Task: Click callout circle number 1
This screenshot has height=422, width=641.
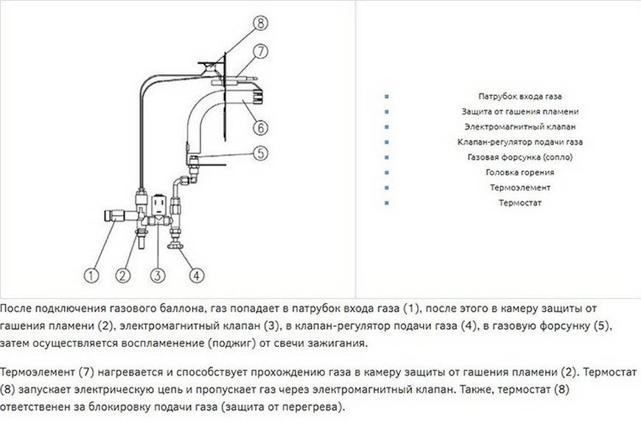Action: coord(91,275)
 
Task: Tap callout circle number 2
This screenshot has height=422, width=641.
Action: coord(124,275)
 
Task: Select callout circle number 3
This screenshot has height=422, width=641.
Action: coord(156,275)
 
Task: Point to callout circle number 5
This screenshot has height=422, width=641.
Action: coord(262,153)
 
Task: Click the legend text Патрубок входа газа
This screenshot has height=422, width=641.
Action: coord(520,96)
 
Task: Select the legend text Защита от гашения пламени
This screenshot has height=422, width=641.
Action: coord(520,111)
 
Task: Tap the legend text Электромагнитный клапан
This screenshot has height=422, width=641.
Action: coord(520,127)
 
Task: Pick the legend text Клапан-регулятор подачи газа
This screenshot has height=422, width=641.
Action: coord(520,142)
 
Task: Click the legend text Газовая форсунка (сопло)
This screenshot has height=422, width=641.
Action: coord(520,157)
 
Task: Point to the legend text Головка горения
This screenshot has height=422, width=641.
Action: coord(520,172)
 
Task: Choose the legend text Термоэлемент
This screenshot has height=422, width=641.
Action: coord(520,187)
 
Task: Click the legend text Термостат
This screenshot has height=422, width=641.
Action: coord(520,203)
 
